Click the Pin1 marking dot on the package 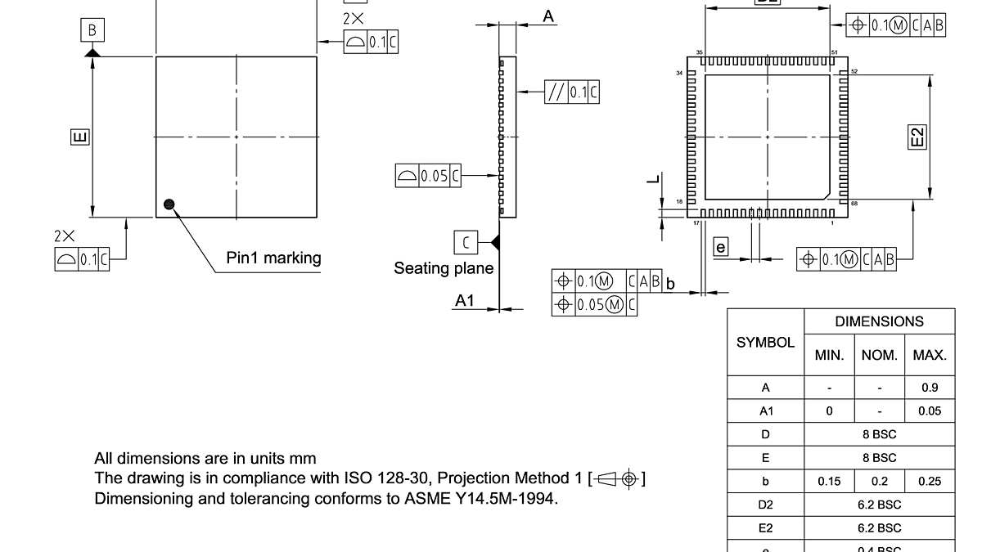[169, 204]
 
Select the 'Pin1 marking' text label [273, 258]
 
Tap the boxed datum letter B [92, 31]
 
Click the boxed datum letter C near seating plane [466, 242]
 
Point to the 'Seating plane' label [444, 268]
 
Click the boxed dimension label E [79, 137]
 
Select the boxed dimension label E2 [918, 137]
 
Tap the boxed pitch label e [720, 247]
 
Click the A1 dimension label [464, 301]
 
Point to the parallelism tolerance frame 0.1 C [571, 92]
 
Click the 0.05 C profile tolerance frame [428, 176]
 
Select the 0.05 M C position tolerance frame [594, 305]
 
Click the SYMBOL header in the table [765, 343]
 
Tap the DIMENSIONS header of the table [879, 321]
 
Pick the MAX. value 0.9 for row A [929, 388]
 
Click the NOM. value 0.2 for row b [879, 481]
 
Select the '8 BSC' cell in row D [879, 434]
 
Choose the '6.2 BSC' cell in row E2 [879, 527]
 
